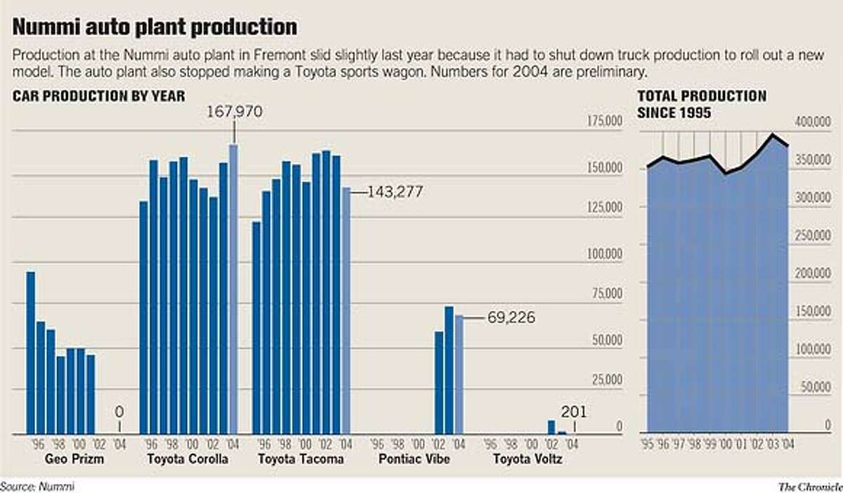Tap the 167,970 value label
coord(234,112)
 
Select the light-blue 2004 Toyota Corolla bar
coord(234,288)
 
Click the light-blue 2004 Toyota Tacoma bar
coord(346,309)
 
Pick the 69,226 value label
coord(511,318)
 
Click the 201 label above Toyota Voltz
coord(574,412)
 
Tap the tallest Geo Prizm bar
coord(31,352)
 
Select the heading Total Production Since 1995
coord(701,103)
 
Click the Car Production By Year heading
coord(98,96)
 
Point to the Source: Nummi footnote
coord(37,485)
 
